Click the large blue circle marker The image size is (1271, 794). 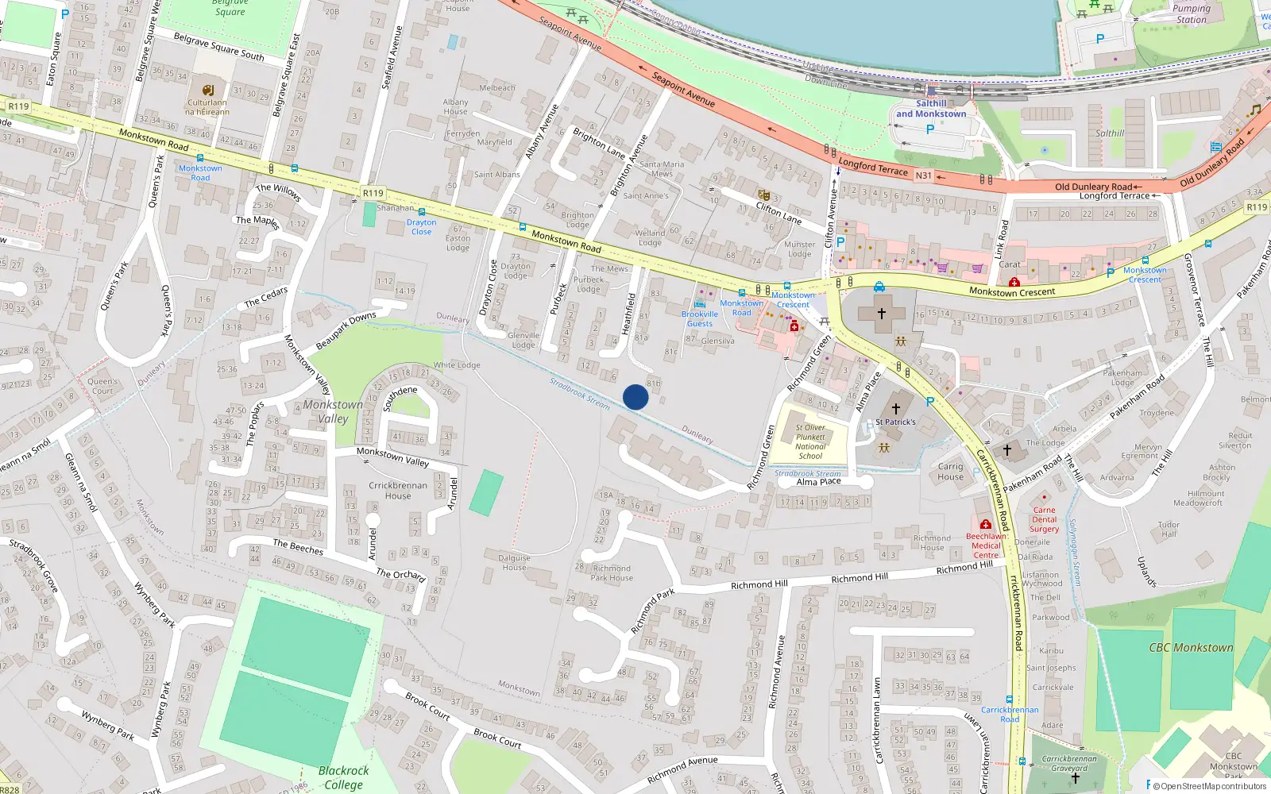click(x=635, y=397)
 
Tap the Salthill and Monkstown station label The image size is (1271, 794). click(x=931, y=109)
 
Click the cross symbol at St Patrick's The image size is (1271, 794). click(x=896, y=408)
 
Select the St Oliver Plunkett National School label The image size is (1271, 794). click(x=810, y=441)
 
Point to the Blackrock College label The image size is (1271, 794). click(x=343, y=777)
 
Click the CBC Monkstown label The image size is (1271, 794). click(x=1191, y=648)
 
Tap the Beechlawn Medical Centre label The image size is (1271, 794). click(x=986, y=545)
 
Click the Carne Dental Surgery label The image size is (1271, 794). click(x=1044, y=520)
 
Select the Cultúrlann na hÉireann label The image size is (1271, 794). click(x=207, y=107)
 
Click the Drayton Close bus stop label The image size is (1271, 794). click(x=422, y=227)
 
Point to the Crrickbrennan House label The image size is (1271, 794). click(x=398, y=491)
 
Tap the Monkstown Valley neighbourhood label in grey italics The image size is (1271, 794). click(x=333, y=411)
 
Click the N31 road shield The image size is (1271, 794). click(x=923, y=175)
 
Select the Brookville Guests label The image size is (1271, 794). click(x=700, y=318)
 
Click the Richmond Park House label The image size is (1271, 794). click(x=612, y=573)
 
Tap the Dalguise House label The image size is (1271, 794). click(x=514, y=562)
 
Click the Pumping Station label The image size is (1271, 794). click(x=1192, y=13)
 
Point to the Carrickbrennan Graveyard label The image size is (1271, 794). click(x=1069, y=763)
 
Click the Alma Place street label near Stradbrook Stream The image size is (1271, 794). click(x=818, y=482)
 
